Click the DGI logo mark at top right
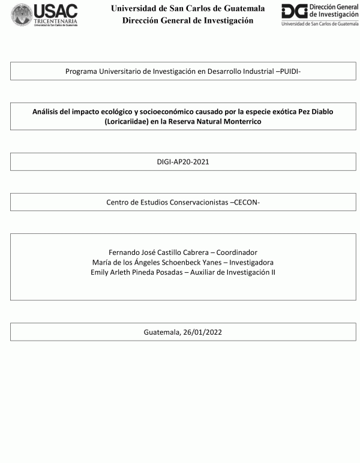point(295,12)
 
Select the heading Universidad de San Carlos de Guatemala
point(188,8)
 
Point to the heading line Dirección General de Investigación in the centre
point(188,20)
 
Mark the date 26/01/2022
point(202,332)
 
